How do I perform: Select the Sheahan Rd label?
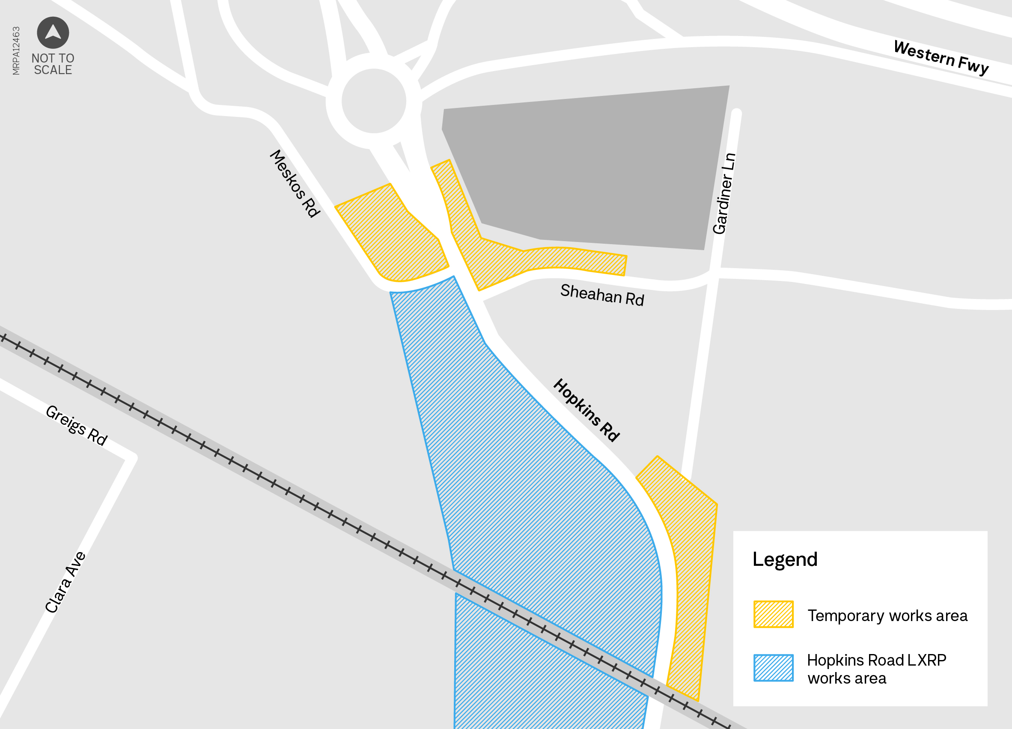click(602, 295)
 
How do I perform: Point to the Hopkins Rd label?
click(586, 410)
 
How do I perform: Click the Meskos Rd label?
click(295, 183)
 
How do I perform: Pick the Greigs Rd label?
click(77, 425)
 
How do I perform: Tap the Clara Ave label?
click(65, 582)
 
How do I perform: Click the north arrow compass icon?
click(53, 33)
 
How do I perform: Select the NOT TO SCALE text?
click(53, 64)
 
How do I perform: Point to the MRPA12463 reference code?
click(16, 51)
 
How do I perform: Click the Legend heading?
click(784, 559)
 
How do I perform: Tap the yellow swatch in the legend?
click(773, 614)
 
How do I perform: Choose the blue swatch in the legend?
click(773, 668)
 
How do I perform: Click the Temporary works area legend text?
click(887, 615)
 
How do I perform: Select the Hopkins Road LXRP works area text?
click(876, 669)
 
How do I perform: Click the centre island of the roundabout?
click(374, 101)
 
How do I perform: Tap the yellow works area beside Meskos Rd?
click(390, 236)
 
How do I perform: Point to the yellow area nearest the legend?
click(689, 558)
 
